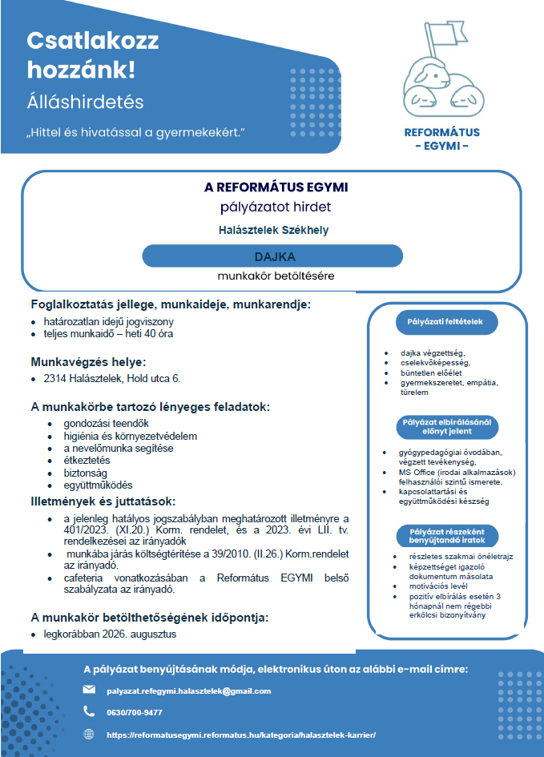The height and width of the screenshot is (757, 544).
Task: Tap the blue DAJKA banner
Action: coord(272,256)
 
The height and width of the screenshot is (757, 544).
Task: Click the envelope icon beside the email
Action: coord(89,690)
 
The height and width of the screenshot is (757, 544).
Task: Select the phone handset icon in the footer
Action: coord(89,711)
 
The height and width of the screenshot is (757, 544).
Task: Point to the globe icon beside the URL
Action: coord(89,734)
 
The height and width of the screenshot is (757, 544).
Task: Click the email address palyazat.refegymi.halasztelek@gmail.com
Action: coord(189,691)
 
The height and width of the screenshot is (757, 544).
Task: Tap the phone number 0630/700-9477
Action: coord(135,712)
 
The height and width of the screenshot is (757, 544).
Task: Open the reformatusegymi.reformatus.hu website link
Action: coord(240,735)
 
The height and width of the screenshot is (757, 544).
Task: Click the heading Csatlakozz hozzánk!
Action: coord(92,55)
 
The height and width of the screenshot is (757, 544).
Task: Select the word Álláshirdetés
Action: coord(85,103)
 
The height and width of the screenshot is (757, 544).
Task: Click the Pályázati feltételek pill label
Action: coord(446,322)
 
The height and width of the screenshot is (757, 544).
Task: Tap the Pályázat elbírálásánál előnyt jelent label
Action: coord(446,426)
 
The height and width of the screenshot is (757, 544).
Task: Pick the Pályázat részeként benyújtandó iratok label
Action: coord(446,535)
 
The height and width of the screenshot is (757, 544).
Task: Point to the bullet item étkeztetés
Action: coord(87,461)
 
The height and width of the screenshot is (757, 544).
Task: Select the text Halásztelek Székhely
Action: coord(273,230)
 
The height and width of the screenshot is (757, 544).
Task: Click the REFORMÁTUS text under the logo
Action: coord(441,132)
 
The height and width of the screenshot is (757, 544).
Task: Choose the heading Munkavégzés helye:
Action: coord(88,361)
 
